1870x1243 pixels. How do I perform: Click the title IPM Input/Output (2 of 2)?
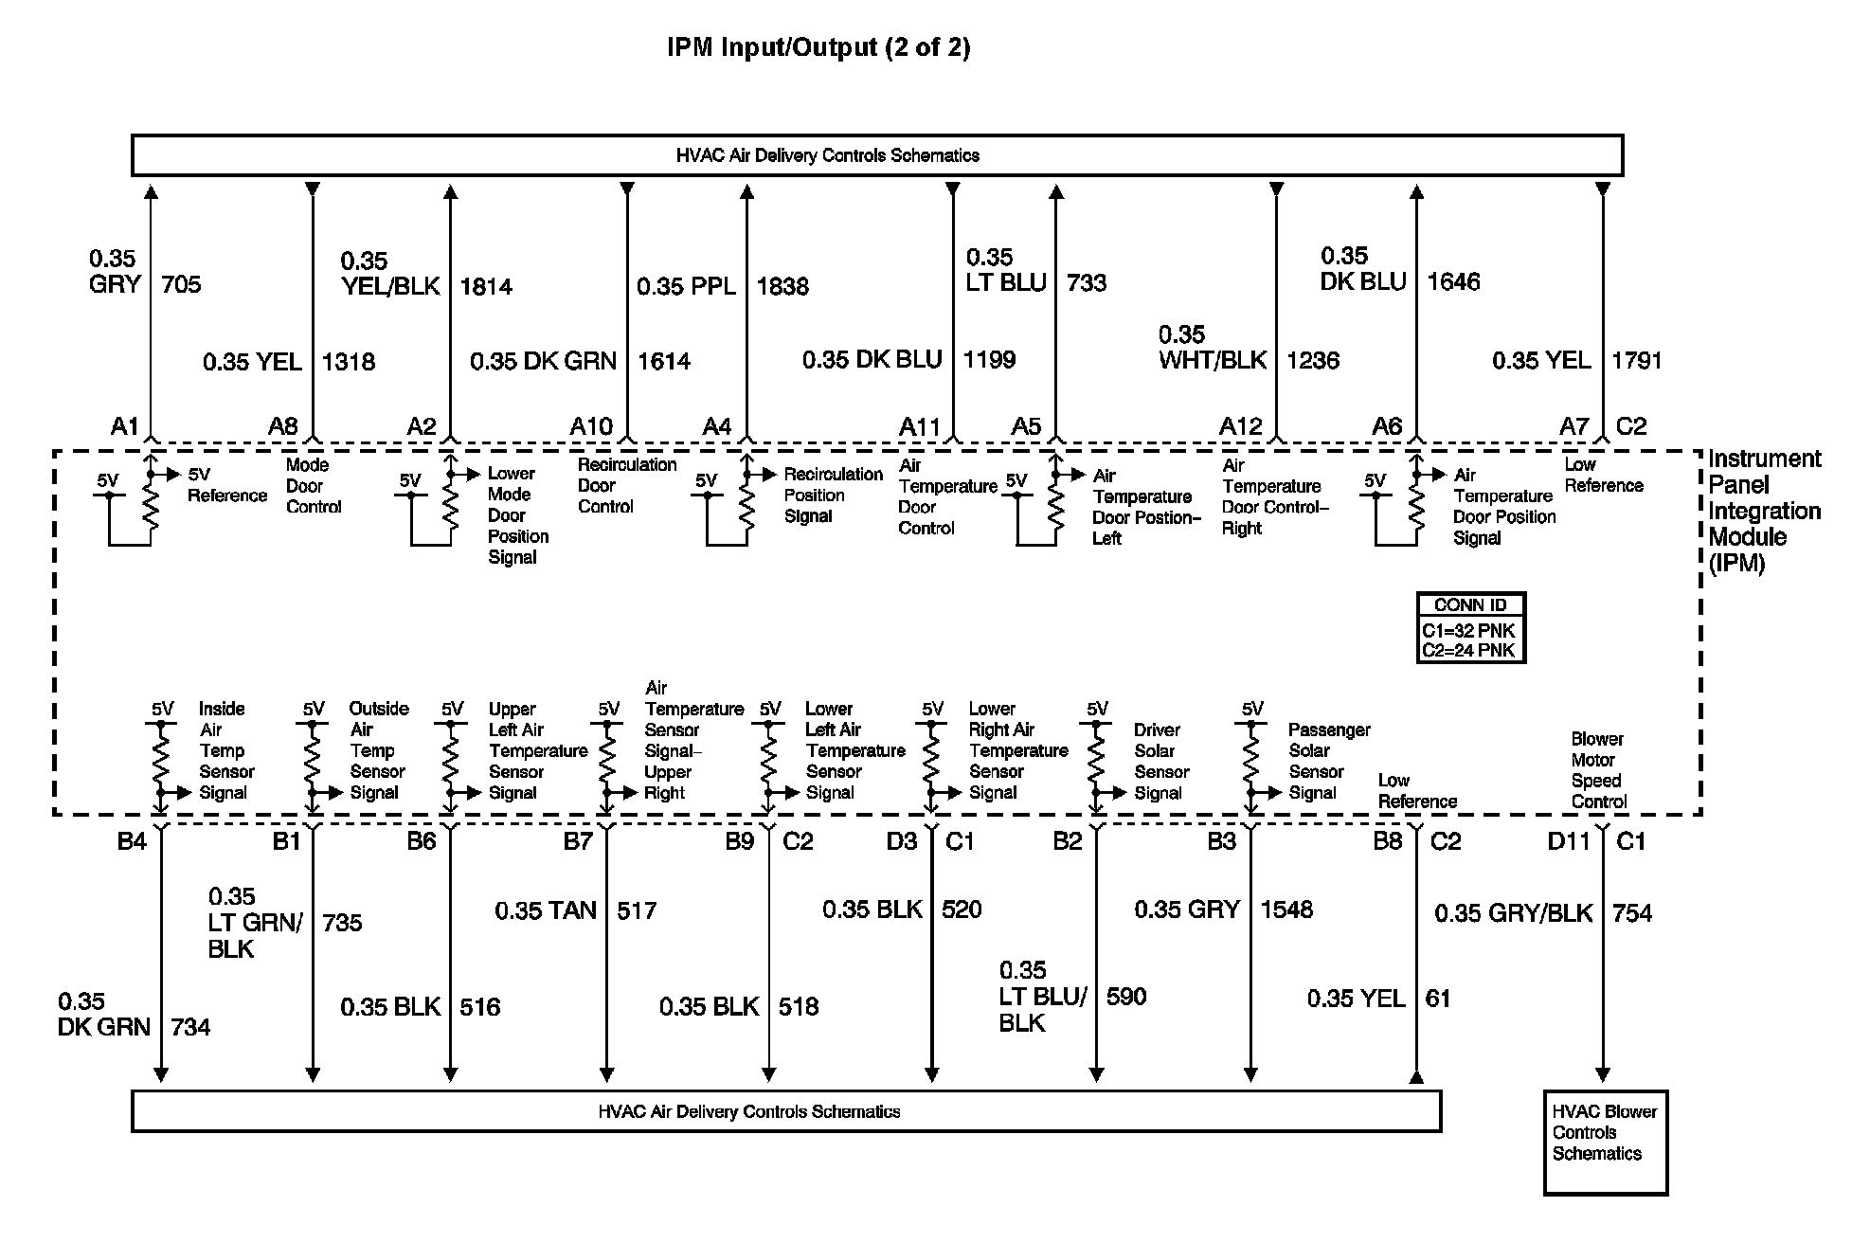818,47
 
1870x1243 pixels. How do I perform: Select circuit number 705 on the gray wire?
181,284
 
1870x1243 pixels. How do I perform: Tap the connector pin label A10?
591,427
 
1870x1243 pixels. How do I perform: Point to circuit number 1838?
782,286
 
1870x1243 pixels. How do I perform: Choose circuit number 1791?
1637,361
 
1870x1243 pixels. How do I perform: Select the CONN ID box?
1471,627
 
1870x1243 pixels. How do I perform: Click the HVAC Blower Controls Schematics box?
1605,1142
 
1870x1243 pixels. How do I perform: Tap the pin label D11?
1569,841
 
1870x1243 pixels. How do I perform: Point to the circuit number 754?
1632,913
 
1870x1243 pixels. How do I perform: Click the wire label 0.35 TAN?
546,911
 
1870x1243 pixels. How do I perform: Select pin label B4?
132,841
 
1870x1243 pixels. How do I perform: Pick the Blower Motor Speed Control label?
1599,770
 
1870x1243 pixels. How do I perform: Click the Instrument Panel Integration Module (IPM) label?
1764,511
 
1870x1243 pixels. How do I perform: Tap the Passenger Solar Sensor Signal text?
1328,762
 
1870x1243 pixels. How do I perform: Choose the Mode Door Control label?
313,486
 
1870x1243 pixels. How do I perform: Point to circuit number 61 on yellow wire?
1438,999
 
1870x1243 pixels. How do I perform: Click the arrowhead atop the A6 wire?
1416,192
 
